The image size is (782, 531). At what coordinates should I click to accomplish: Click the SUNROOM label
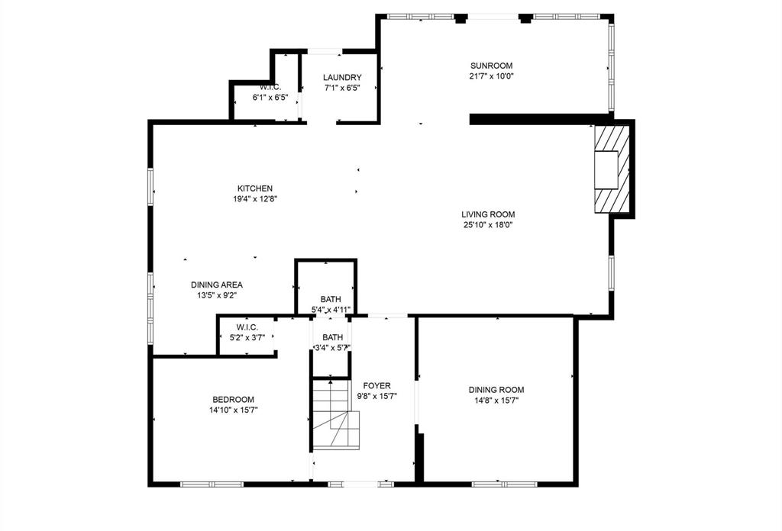coord(490,66)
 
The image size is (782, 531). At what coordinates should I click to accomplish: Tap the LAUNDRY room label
coord(341,78)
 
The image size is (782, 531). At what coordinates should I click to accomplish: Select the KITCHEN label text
coord(254,188)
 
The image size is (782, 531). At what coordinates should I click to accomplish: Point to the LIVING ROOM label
coord(487,215)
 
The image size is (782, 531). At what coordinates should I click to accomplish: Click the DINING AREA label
coord(217,285)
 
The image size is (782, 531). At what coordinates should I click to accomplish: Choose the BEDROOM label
coord(233,400)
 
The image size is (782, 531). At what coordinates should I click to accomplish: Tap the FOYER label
coord(376,385)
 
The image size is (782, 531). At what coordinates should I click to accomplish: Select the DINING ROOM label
coord(496,390)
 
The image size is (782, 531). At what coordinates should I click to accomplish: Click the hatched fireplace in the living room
coord(612,169)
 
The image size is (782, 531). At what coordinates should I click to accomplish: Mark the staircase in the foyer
coord(335,418)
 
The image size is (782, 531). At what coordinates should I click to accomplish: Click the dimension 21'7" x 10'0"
coord(491,76)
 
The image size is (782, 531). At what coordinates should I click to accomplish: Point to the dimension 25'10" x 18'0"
coord(487,225)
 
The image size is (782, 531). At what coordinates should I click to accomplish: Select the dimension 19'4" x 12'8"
coord(254,199)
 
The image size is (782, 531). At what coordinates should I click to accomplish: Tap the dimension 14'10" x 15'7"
coord(233,410)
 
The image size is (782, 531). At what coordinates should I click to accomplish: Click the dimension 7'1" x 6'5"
coord(341,88)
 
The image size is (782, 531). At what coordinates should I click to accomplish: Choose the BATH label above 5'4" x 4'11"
coord(331,299)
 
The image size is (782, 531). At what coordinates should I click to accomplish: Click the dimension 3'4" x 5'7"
coord(332,348)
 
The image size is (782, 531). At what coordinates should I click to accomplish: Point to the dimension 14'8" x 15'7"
coord(496,401)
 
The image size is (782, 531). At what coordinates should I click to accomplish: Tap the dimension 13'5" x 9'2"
coord(217,295)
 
